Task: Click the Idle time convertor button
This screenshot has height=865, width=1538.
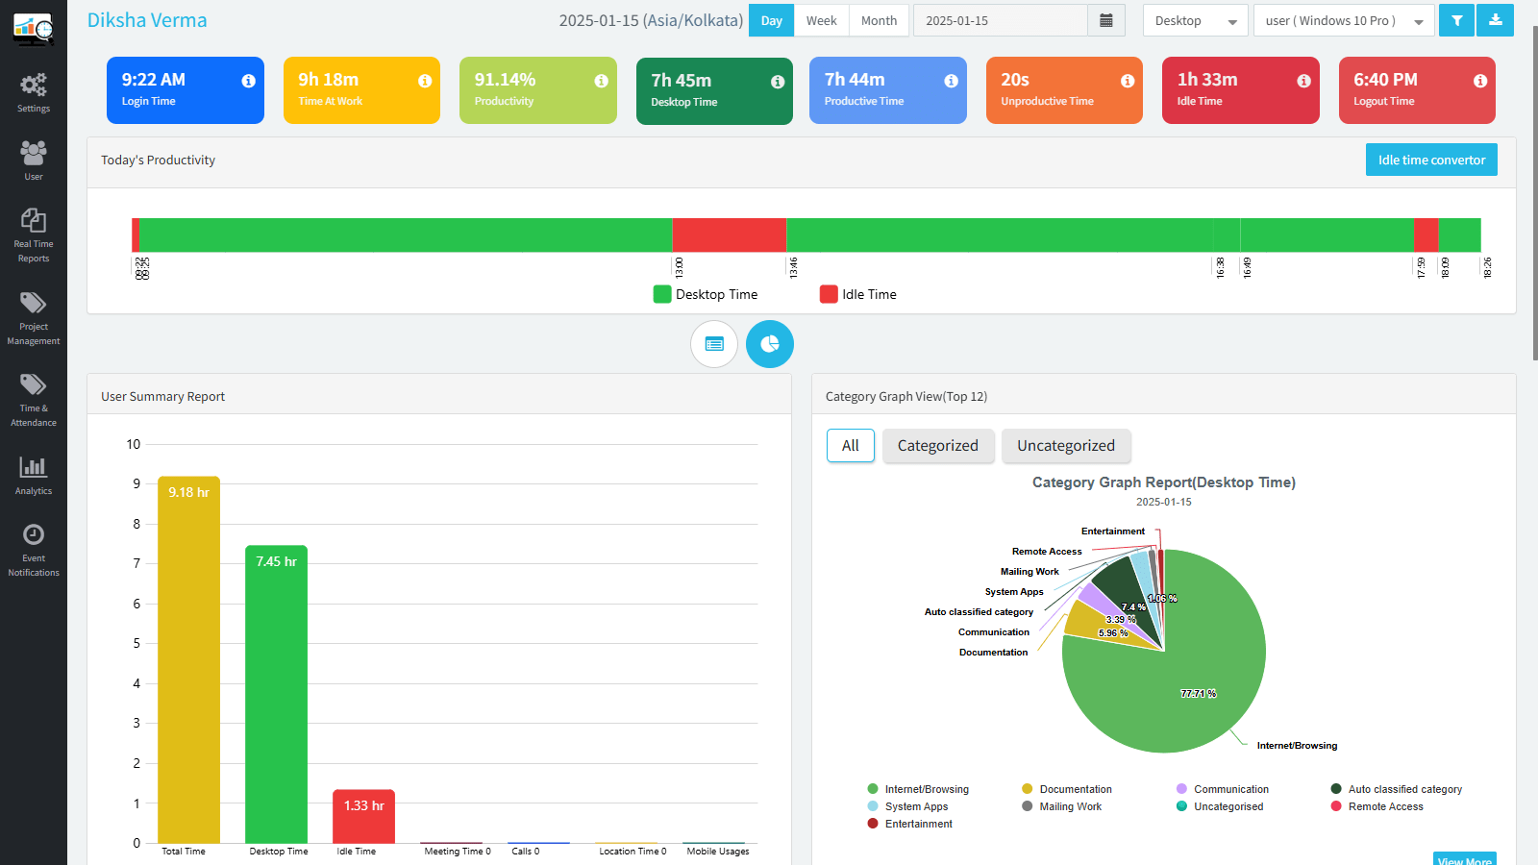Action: click(1431, 160)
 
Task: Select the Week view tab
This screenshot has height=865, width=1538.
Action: click(821, 20)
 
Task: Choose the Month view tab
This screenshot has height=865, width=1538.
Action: click(879, 20)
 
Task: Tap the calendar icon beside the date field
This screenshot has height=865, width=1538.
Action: click(1106, 20)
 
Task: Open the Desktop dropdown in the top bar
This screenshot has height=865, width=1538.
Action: click(1195, 20)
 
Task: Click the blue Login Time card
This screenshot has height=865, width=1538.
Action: click(185, 90)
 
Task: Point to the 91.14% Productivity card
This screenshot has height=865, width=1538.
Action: click(537, 90)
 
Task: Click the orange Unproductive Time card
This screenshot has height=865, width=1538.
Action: click(1064, 90)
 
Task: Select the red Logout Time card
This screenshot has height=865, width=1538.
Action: click(1417, 90)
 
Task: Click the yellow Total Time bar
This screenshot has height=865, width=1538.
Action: click(188, 663)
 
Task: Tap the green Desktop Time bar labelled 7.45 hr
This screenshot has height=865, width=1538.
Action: click(276, 697)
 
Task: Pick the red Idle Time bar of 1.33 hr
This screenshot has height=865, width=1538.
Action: click(363, 817)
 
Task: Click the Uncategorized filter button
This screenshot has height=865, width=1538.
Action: click(1066, 446)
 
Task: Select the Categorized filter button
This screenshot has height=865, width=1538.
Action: click(937, 446)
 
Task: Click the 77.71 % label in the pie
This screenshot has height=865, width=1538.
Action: click(1198, 693)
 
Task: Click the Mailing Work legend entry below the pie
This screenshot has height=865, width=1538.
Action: click(1070, 806)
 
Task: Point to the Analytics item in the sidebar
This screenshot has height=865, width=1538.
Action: click(34, 475)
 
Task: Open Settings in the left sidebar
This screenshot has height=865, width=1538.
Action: click(34, 92)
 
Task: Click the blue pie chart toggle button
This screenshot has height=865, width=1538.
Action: click(770, 344)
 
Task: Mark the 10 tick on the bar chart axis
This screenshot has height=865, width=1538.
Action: click(134, 444)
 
